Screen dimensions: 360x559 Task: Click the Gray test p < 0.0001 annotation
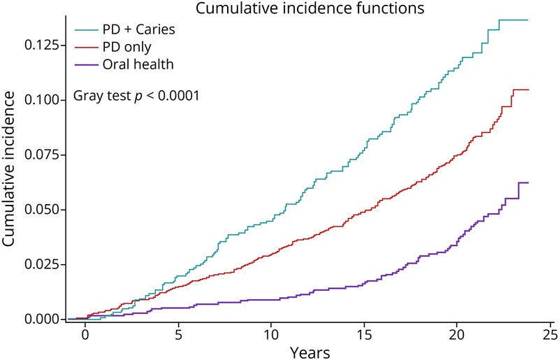point(136,95)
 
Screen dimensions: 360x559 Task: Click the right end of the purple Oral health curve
point(528,182)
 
